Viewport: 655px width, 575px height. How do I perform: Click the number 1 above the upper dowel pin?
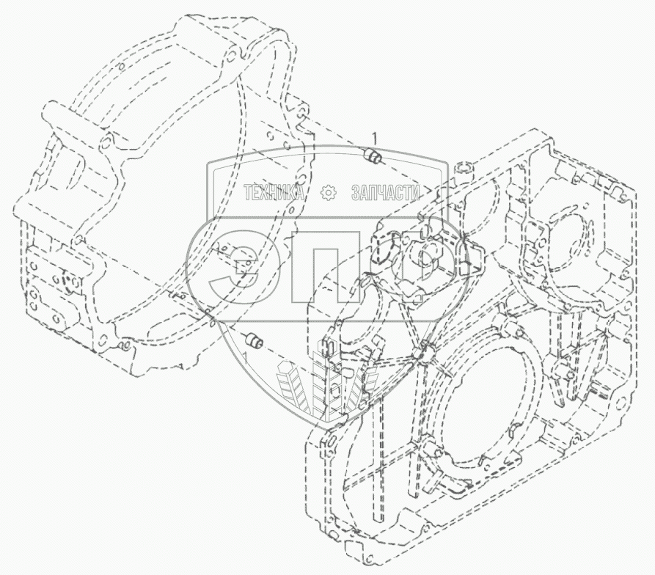pyautogui.click(x=375, y=137)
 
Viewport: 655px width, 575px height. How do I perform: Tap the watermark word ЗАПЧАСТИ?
pyautogui.click(x=384, y=194)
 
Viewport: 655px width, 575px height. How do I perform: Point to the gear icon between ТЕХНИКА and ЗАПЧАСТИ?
pyautogui.click(x=328, y=194)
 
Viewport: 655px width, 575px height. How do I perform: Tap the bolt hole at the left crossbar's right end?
pyautogui.click(x=109, y=140)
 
